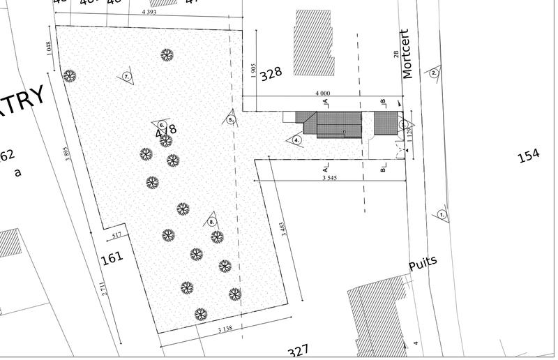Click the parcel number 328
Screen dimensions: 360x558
271,73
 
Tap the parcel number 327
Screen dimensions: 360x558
298,350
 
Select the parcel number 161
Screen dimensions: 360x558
112,258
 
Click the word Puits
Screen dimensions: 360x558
423,263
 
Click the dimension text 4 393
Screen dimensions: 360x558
149,12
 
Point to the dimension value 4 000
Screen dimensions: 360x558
322,93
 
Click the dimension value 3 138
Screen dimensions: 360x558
225,329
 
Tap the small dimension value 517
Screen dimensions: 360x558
116,234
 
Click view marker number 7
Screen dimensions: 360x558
127,77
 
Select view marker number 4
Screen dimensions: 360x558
296,140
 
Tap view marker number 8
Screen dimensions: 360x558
211,222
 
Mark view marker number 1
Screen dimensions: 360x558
442,216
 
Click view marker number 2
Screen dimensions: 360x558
434,73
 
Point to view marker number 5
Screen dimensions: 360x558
231,119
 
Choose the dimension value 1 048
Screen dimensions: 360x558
48,48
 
